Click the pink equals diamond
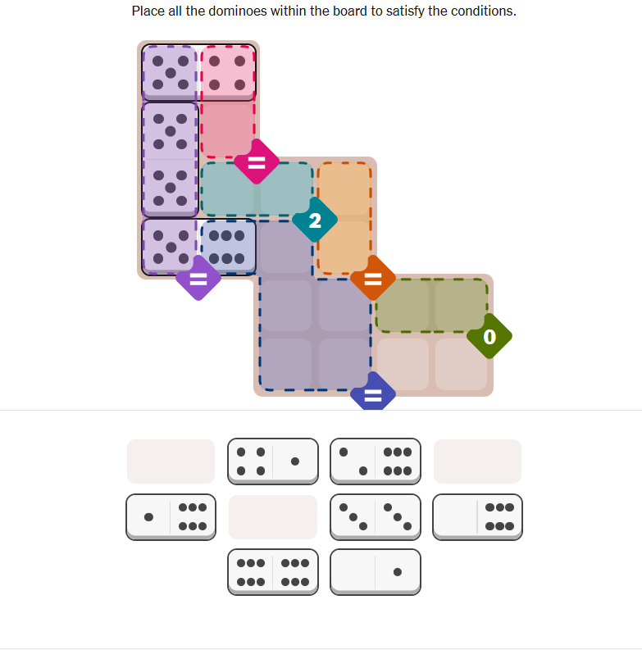pos(257,161)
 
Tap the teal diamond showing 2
pos(315,220)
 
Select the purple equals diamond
pos(198,278)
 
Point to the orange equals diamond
pos(373,278)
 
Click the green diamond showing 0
pos(489,336)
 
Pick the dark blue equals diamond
pos(373,392)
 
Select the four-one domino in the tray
pos(273,461)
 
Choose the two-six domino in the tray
pos(376,461)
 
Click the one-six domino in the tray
pos(171,517)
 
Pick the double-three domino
pos(376,517)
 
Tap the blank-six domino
pos(477,517)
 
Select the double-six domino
pos(273,572)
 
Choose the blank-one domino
pos(376,572)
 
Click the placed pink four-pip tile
pos(228,73)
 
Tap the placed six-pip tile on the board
pos(228,247)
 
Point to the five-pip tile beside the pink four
pos(170,73)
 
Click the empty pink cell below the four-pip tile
pos(228,130)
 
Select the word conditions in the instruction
pos(484,11)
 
